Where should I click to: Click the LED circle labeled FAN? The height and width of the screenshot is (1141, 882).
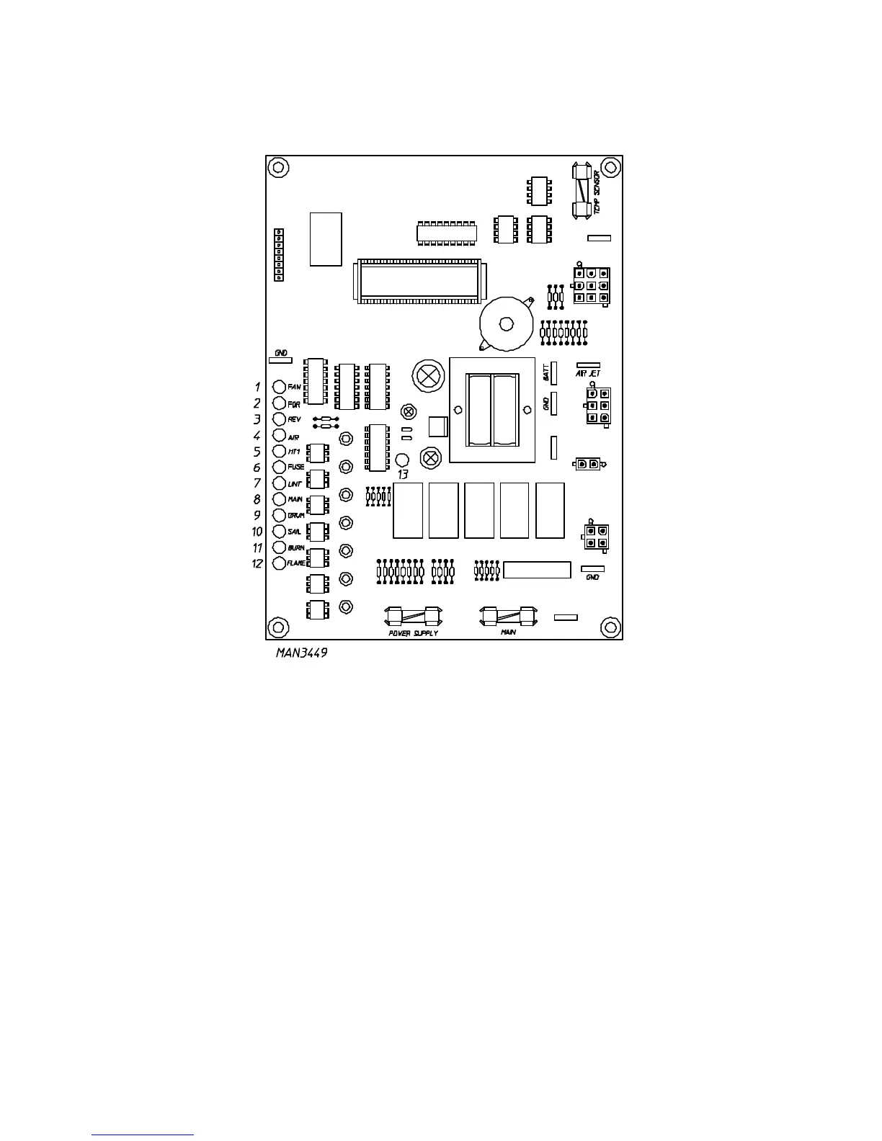[x=280, y=387]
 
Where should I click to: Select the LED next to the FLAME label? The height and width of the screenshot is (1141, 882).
[x=280, y=563]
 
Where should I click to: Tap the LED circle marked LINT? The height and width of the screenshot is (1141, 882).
[x=280, y=483]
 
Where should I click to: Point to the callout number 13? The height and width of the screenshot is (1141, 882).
[x=403, y=475]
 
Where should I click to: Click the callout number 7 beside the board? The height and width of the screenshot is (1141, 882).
[x=257, y=483]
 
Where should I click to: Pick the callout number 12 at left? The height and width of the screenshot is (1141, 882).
[x=257, y=563]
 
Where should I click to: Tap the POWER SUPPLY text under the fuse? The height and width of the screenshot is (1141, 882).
[x=413, y=633]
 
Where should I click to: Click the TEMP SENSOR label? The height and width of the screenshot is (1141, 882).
[x=597, y=191]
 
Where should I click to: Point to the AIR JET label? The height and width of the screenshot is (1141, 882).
[x=588, y=373]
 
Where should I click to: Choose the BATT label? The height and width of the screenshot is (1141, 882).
[x=546, y=372]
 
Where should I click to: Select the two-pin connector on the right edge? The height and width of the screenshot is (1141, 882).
[x=587, y=464]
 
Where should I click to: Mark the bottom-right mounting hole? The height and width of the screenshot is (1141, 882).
[x=610, y=627]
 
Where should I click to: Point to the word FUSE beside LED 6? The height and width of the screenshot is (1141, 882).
[x=296, y=467]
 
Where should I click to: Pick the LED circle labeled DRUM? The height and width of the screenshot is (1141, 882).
[x=280, y=515]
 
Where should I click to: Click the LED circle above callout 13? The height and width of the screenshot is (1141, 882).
[x=403, y=460]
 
